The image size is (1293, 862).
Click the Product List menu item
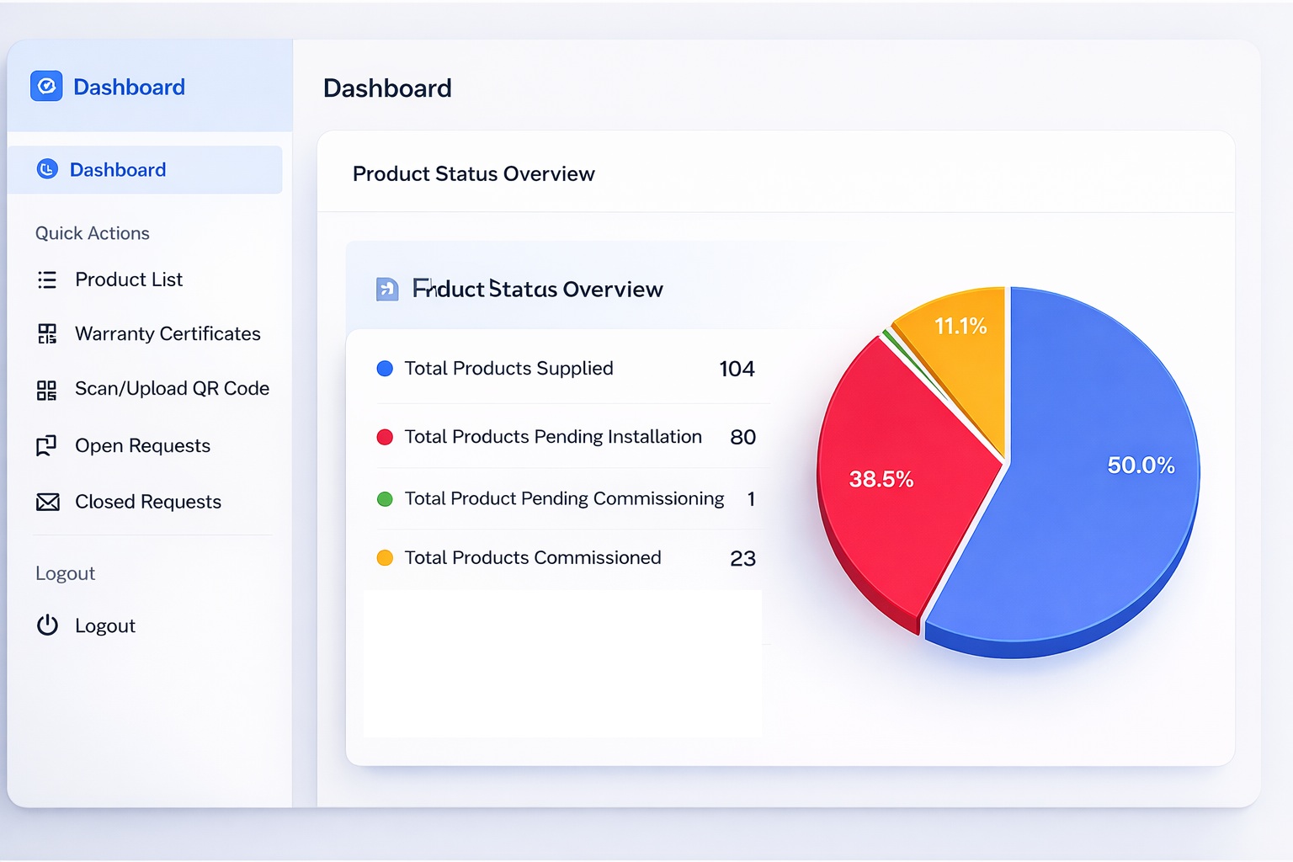click(x=128, y=279)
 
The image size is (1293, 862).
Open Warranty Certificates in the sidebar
click(x=167, y=334)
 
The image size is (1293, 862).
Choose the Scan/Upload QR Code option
click(x=172, y=389)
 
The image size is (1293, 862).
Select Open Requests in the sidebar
click(x=142, y=446)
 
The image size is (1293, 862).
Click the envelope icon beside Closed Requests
click(x=48, y=503)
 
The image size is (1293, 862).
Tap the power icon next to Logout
click(x=47, y=625)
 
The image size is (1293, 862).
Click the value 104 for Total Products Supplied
click(x=737, y=369)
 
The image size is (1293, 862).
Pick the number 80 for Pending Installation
click(x=742, y=437)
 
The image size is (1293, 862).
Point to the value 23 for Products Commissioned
click(x=742, y=558)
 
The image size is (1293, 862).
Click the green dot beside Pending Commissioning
click(x=385, y=499)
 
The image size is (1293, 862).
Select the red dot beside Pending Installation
click(x=385, y=437)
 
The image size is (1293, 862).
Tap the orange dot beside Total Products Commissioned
click(x=385, y=558)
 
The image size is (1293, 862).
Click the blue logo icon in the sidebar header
click(x=46, y=86)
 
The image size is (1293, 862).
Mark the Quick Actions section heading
click(x=93, y=233)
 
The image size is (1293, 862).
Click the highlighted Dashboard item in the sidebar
click(x=118, y=170)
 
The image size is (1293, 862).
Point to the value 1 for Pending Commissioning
click(x=751, y=499)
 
